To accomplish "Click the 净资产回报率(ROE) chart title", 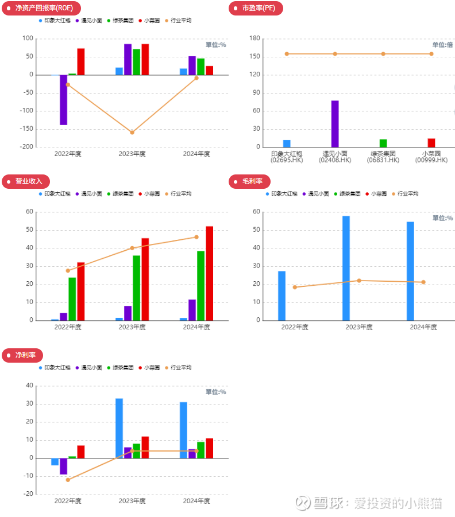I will tap(40, 8).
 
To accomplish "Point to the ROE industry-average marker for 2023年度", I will tap(132, 133).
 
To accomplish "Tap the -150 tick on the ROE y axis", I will tap(25, 129).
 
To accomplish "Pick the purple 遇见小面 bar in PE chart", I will tap(335, 124).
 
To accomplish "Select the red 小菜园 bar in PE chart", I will tap(431, 143).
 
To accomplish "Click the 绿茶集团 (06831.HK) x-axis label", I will tap(383, 157).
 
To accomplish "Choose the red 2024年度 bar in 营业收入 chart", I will tap(210, 273).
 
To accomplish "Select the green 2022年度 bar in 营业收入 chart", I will tap(72, 299).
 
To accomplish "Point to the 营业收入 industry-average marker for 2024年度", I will tap(196, 237).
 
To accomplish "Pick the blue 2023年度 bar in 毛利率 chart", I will tap(346, 268).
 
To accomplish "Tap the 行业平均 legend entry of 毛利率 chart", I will tap(405, 194).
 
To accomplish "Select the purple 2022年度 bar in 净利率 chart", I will tap(63, 466).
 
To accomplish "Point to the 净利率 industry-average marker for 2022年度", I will tap(68, 480).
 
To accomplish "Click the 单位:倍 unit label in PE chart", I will tap(442, 45).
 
